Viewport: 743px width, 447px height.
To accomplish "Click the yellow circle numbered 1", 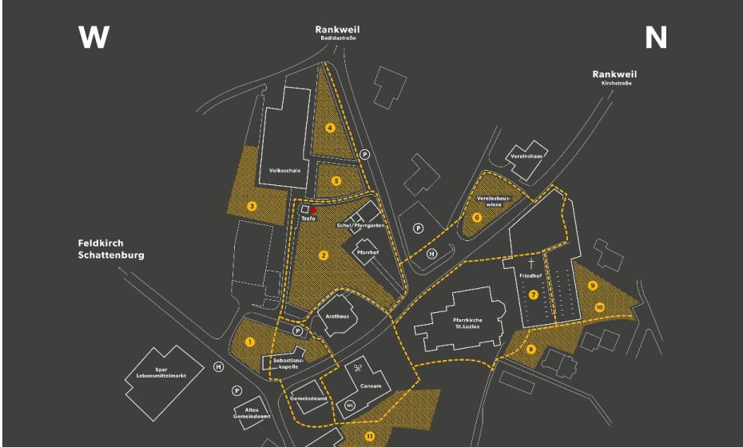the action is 250,342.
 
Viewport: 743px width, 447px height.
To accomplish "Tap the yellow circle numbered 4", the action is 330,128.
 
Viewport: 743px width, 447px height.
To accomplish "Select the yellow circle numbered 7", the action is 533,295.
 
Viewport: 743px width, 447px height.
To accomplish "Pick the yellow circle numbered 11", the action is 369,435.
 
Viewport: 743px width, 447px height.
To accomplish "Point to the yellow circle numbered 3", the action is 252,206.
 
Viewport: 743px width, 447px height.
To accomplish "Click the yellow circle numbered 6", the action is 477,216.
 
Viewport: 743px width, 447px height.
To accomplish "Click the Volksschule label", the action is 284,170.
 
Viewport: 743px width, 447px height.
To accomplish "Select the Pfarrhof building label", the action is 368,252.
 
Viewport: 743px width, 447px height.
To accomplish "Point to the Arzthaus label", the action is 338,316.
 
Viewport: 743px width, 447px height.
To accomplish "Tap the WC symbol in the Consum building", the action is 349,405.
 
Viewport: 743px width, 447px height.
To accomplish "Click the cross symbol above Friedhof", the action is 530,261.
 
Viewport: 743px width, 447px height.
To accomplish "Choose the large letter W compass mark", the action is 93,38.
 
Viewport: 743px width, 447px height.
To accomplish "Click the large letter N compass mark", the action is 655,38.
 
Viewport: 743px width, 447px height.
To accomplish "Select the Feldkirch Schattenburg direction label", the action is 111,248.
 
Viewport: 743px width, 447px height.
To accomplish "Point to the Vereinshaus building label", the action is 526,156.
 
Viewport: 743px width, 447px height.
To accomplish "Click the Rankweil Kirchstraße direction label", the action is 614,77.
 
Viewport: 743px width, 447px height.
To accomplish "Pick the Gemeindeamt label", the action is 308,397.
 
